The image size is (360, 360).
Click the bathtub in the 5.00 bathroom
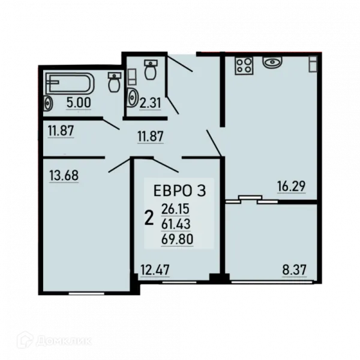pos(70,83)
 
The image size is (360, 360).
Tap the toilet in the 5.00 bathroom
pos(114,82)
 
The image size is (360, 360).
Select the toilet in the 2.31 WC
pos(151,70)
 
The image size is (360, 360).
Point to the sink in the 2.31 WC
pos(132,98)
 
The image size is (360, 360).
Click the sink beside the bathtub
pos(48,103)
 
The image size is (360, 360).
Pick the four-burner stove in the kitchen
pos(244,66)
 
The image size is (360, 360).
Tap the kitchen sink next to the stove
pos(272,62)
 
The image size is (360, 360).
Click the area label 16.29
pos(292,186)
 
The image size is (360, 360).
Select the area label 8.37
pos(294,270)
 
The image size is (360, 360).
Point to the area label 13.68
pos(64,175)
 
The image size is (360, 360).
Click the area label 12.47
pos(155,270)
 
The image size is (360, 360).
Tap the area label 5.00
pos(79,103)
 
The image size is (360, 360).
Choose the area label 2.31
pos(150,103)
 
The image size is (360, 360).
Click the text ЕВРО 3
pos(179,191)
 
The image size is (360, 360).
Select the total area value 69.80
pos(177,239)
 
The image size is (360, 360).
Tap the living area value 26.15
pos(175,209)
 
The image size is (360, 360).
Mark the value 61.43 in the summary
pos(176,224)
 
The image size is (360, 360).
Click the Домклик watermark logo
pos(55,341)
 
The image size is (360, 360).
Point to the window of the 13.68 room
pos(86,293)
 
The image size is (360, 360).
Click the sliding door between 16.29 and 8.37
pos(251,200)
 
